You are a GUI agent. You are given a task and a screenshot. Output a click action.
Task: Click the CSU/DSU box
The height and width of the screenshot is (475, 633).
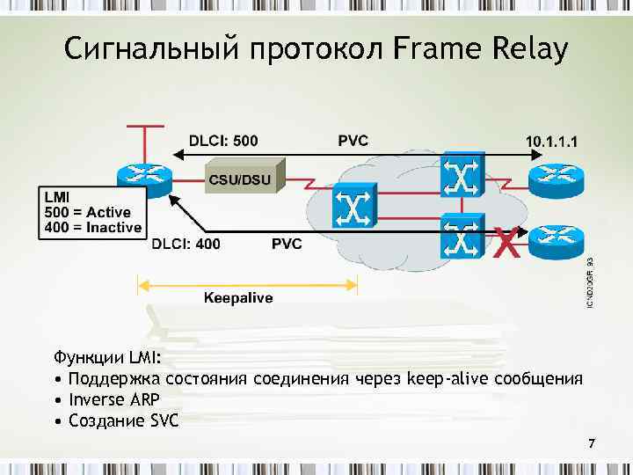coord(245,179)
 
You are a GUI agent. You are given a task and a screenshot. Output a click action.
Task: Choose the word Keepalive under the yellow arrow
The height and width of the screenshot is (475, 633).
coord(238,298)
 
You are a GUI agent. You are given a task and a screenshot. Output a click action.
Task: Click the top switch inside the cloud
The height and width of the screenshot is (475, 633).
coord(461,176)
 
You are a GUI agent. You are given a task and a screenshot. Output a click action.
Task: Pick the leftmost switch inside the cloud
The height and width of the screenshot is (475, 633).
coord(353,208)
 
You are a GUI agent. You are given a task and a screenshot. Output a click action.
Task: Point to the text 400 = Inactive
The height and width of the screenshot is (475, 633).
coord(92,227)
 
